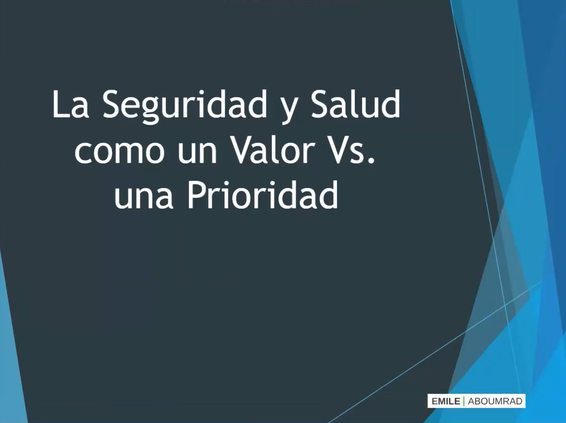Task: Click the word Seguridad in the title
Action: coord(185,106)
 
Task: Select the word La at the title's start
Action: coord(70,104)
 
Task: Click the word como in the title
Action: coord(119,151)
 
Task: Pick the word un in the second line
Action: coord(197,151)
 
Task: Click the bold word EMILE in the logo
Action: coord(446,402)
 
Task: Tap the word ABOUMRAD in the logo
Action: coord(495,402)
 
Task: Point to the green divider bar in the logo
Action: coord(464,402)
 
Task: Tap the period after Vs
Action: coord(371,160)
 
